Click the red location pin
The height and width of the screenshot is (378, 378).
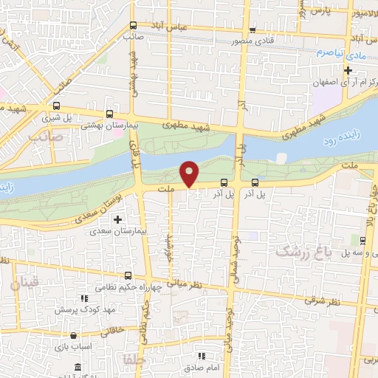pos(190,173)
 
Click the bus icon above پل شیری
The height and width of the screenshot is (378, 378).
pos(58,106)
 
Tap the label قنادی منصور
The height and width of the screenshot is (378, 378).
pos(253,41)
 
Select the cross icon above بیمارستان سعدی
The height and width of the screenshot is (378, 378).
pos(117,220)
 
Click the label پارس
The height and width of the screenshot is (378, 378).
pos(318,12)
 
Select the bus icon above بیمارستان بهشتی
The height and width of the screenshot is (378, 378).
pos(110,114)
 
